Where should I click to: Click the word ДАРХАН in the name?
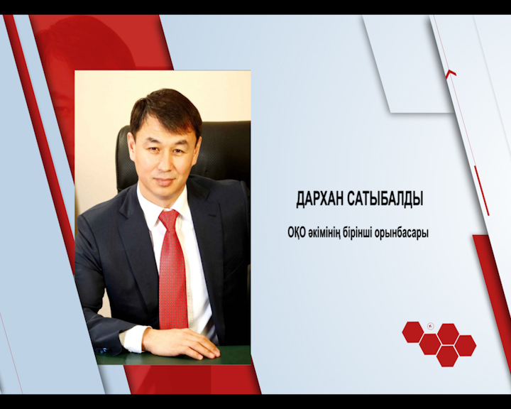pos(321,200)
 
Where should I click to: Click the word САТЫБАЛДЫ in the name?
pos(385,200)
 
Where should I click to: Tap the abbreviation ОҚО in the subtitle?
pos(297,232)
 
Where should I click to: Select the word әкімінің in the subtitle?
pos(330,232)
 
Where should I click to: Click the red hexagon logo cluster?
pos(439,344)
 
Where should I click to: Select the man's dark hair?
pos(165,105)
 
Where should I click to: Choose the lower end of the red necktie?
pos(174,323)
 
